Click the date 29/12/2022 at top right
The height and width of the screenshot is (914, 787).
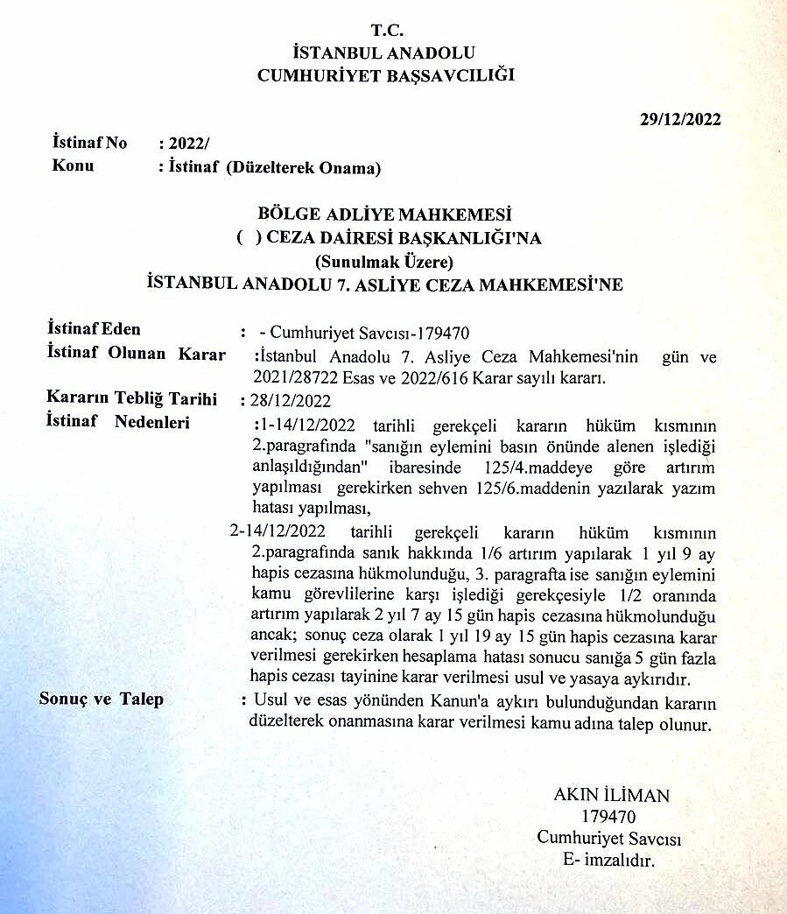pos(679,119)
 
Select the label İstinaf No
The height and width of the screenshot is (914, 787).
pos(90,142)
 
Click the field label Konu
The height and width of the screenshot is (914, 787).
pos(74,165)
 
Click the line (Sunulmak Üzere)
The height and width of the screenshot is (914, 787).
pos(385,261)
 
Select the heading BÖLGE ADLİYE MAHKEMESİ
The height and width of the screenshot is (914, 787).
pos(385,214)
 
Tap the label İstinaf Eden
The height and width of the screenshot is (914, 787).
pos(94,329)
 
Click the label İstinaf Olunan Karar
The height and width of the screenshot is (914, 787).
pos(136,354)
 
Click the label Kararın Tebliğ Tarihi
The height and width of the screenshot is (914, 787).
pos(130,398)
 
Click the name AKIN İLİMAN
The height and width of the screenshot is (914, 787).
pos(611,795)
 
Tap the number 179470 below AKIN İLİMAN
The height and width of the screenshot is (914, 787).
pos(610,817)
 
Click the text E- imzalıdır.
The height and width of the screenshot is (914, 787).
pos(609,860)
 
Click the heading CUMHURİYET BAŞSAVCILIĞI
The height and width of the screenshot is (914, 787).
pos(385,76)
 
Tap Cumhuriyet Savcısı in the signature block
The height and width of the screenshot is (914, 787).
pos(609,838)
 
